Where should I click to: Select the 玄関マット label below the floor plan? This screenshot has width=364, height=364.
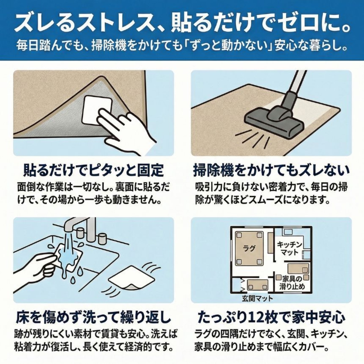[257, 298]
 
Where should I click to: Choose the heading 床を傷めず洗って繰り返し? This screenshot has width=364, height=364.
[94, 318]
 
